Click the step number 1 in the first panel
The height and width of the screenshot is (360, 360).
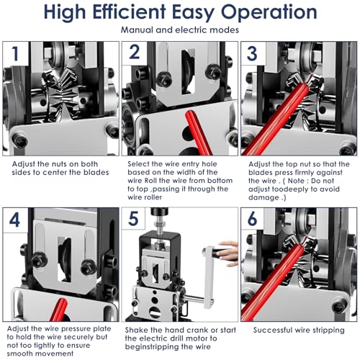tap(15, 53)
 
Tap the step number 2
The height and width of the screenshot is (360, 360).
tap(135, 52)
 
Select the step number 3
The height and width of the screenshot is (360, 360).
tap(252, 53)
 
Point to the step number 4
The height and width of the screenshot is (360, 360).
tap(14, 220)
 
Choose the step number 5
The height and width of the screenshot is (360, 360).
tap(133, 218)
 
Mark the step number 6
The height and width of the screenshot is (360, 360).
tap(252, 219)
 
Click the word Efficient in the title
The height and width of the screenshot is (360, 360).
tap(129, 12)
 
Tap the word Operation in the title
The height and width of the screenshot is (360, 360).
tap(269, 12)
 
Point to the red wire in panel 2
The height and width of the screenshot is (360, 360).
tap(198, 132)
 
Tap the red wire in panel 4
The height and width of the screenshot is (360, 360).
tap(59, 310)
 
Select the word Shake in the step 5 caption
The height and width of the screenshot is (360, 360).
tap(136, 330)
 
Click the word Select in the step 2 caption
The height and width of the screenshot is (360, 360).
tap(138, 164)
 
